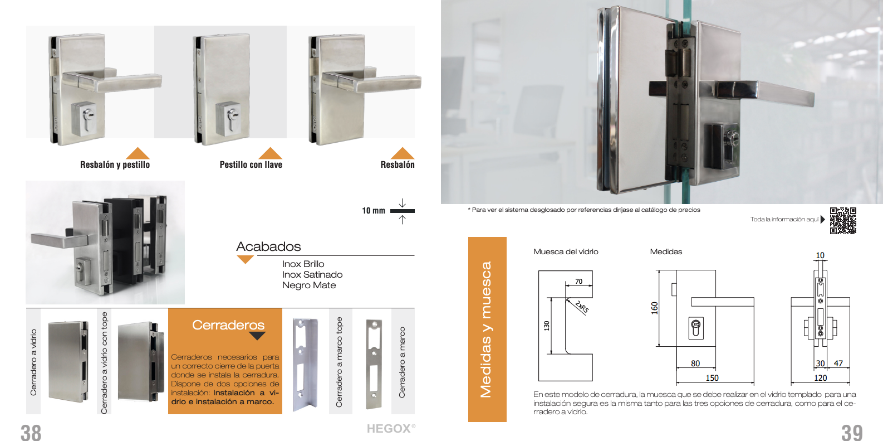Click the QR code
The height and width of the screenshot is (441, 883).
point(843,220)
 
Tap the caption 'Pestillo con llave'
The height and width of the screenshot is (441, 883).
point(251,164)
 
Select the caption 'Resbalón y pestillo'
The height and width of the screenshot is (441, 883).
point(115,164)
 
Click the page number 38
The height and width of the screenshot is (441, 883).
point(31,433)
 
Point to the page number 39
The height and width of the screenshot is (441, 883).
point(852,433)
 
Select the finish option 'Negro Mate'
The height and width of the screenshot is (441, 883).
point(308,285)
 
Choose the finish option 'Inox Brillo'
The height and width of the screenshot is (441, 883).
point(303,264)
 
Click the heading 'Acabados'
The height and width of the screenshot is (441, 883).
point(268,246)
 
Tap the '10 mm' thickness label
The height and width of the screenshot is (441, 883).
point(374,210)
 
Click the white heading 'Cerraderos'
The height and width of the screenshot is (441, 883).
point(228,325)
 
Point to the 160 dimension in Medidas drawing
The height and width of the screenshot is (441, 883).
point(654,308)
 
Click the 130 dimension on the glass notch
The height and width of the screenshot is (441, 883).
point(546,326)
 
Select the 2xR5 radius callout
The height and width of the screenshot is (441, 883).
point(582,307)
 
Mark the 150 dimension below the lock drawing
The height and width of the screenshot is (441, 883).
point(712,378)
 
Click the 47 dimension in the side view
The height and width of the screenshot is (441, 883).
point(838,363)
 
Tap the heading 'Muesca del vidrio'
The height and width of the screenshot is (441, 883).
point(566,251)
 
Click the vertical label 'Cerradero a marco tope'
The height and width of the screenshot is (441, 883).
point(339,362)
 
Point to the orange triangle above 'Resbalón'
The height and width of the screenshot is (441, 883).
point(403,153)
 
